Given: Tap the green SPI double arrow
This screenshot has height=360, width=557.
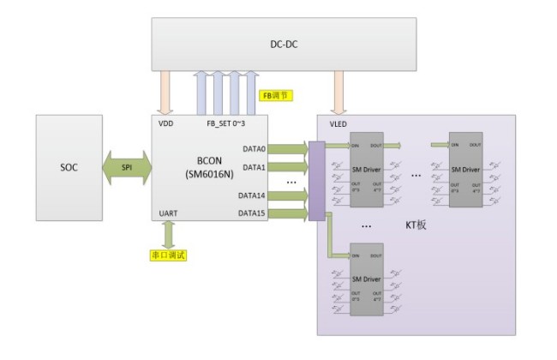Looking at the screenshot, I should click(x=127, y=167).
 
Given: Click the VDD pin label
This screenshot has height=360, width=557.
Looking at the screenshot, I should click(x=166, y=123).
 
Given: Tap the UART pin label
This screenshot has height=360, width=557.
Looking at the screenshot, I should click(x=169, y=213).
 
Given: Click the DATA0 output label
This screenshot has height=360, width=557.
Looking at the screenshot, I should click(x=254, y=148).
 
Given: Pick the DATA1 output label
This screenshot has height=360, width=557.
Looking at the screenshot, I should click(x=254, y=168).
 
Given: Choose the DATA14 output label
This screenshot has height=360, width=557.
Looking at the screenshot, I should click(x=252, y=195).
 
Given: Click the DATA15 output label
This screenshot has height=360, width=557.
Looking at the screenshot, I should click(x=252, y=213).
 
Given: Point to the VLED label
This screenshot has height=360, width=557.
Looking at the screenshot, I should click(x=338, y=124).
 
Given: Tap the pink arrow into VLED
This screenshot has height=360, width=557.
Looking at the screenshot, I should click(x=339, y=93).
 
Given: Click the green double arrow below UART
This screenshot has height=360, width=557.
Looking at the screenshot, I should click(x=169, y=234).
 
